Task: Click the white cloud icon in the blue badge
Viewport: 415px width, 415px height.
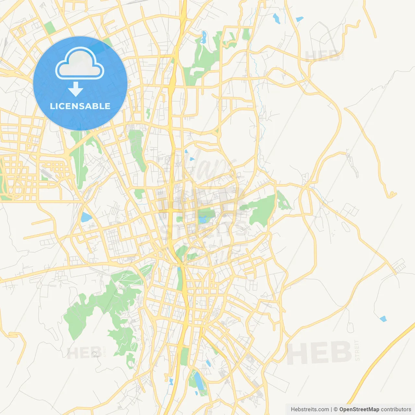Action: point(80,64)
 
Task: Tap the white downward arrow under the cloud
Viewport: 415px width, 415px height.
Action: point(76,89)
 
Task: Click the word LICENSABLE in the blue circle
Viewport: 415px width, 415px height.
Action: point(80,106)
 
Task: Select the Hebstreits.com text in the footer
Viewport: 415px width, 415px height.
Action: point(310,409)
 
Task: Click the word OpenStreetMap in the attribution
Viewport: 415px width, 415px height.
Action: point(359,409)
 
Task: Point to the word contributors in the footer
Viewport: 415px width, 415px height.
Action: point(396,409)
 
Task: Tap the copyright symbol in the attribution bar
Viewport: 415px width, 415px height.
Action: point(336,409)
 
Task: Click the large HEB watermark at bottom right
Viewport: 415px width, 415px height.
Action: point(319,353)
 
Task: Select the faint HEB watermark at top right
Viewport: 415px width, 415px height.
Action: point(322,56)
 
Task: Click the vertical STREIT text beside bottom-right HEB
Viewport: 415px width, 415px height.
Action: point(357,350)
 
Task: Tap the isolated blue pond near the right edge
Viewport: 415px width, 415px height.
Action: point(383,319)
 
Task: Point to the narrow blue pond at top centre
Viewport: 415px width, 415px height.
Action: point(204,37)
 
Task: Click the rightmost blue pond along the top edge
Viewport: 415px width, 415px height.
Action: point(300,19)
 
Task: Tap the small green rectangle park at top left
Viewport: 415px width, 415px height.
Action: point(50,28)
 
